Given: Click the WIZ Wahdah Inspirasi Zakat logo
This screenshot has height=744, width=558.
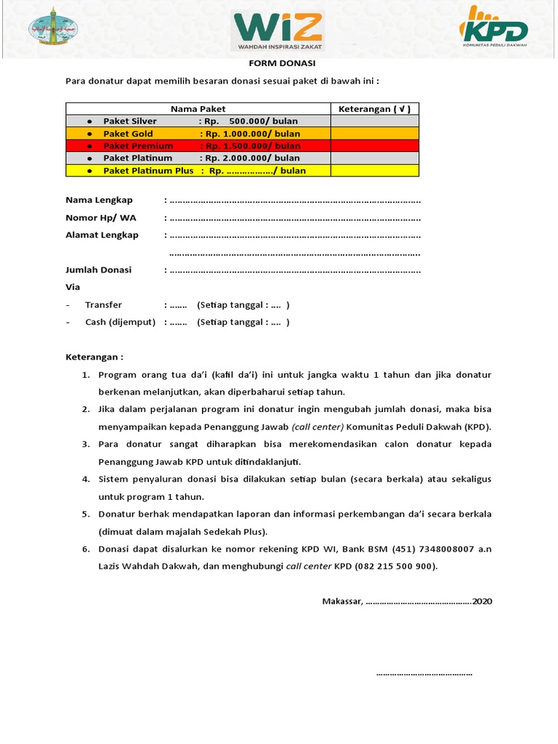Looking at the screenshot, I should [x=278, y=31].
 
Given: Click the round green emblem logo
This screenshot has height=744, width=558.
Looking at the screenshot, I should [x=52, y=29].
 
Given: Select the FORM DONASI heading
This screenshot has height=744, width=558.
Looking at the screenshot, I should [x=278, y=63].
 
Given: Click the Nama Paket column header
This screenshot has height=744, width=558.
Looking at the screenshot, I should [x=198, y=109].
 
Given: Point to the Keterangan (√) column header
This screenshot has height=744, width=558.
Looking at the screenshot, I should [x=375, y=109].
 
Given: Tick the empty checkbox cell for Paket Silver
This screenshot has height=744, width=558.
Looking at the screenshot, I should [x=375, y=121].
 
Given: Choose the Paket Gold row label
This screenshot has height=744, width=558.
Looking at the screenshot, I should [x=128, y=134].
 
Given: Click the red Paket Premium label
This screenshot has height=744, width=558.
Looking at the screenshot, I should [x=138, y=146].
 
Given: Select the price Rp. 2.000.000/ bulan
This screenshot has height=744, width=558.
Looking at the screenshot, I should [x=252, y=158].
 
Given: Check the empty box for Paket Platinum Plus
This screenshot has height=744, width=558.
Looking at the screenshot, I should [x=375, y=171].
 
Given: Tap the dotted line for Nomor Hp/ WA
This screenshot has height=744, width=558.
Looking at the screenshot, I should [x=294, y=218].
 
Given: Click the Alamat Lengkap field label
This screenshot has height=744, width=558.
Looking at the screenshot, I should [x=102, y=235].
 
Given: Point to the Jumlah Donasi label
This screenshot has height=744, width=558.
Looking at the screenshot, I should [x=99, y=270].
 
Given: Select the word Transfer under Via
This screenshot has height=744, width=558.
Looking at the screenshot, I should [x=103, y=304].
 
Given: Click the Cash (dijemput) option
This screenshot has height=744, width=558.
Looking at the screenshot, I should [x=120, y=322].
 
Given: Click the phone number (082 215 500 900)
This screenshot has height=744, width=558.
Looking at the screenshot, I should [x=396, y=566].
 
